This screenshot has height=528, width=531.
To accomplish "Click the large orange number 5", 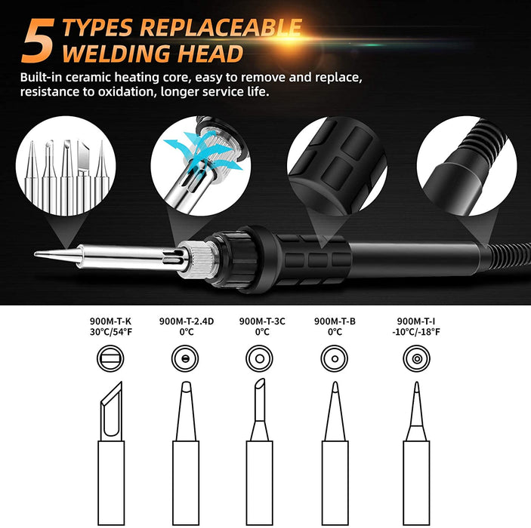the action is click(38, 41).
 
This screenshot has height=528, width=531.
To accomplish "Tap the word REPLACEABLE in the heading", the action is click(221, 27).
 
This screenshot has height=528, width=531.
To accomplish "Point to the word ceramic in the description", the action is click(88, 78).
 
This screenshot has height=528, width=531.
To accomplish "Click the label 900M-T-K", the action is click(110, 321).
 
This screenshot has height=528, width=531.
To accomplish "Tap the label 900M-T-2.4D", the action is click(187, 321).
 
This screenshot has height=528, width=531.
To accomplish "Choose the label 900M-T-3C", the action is click(262, 321).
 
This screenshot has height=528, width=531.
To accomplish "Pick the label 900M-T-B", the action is click(335, 321).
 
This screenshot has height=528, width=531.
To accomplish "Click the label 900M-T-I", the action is click(416, 321).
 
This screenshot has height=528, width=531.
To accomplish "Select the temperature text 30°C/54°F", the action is click(111, 332).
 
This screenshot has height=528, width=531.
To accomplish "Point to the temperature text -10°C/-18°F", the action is click(416, 332).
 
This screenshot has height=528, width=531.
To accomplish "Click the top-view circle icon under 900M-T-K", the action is click(110, 358).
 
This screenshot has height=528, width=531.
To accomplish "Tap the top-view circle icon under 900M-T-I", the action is click(416, 358).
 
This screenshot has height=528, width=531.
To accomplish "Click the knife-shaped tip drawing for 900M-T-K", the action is click(112, 453).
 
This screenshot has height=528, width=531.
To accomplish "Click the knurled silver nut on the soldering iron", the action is click(197, 259).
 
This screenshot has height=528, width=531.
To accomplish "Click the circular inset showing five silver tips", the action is click(66, 166).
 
